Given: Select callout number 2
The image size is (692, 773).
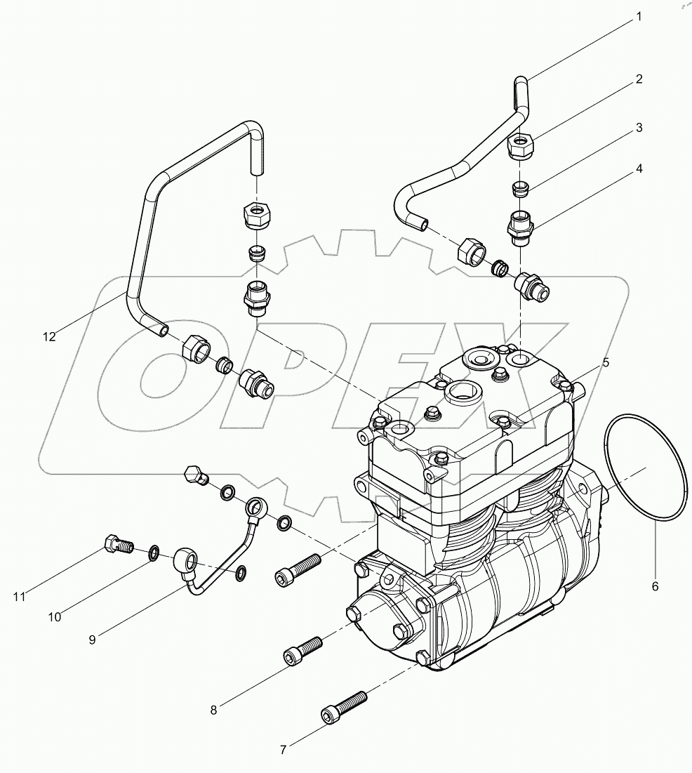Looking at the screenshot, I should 639,79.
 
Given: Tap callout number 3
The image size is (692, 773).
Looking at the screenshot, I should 639,128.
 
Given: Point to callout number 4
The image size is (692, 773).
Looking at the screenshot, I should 639,169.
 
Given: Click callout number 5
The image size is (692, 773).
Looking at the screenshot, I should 605,363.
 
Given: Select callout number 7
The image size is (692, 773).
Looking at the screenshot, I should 283,750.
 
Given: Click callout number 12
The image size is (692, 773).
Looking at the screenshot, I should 48,336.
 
